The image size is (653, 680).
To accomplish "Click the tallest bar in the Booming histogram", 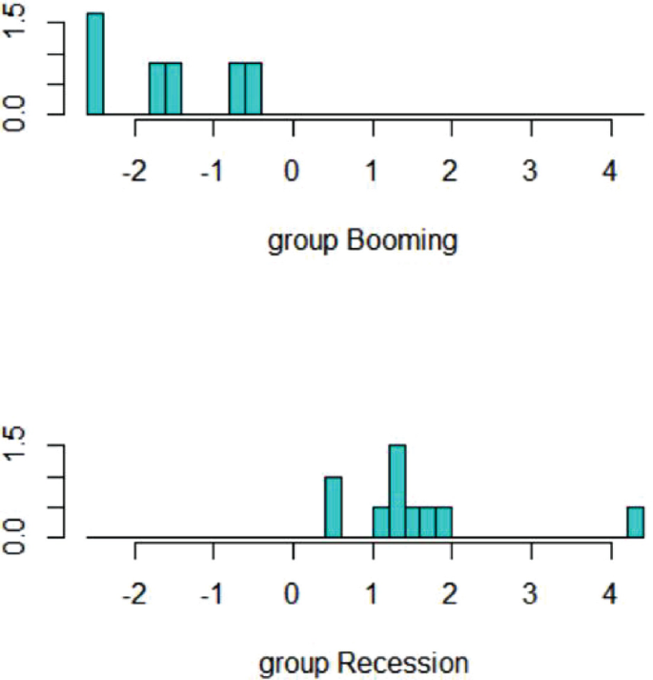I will (x=95, y=64).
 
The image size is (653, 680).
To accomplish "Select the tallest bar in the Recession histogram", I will (x=398, y=491).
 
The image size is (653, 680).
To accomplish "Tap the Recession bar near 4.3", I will (x=635, y=522).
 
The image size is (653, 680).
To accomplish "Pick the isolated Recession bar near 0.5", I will (x=333, y=506).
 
